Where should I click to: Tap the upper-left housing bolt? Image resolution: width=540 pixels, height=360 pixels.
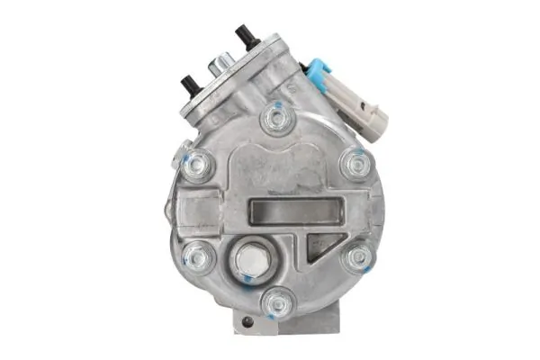197,166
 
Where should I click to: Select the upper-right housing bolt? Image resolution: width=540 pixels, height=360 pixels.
356,165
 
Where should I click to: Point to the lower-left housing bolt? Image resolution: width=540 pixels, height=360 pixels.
198,257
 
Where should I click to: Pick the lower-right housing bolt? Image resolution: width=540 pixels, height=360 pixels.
358,257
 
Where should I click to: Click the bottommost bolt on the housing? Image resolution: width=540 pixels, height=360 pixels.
277,302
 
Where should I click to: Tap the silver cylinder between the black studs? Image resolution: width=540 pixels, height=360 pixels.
219,67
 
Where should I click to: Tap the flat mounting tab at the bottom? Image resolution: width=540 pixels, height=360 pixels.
270,322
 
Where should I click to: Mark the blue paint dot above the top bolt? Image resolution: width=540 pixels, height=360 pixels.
276,103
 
